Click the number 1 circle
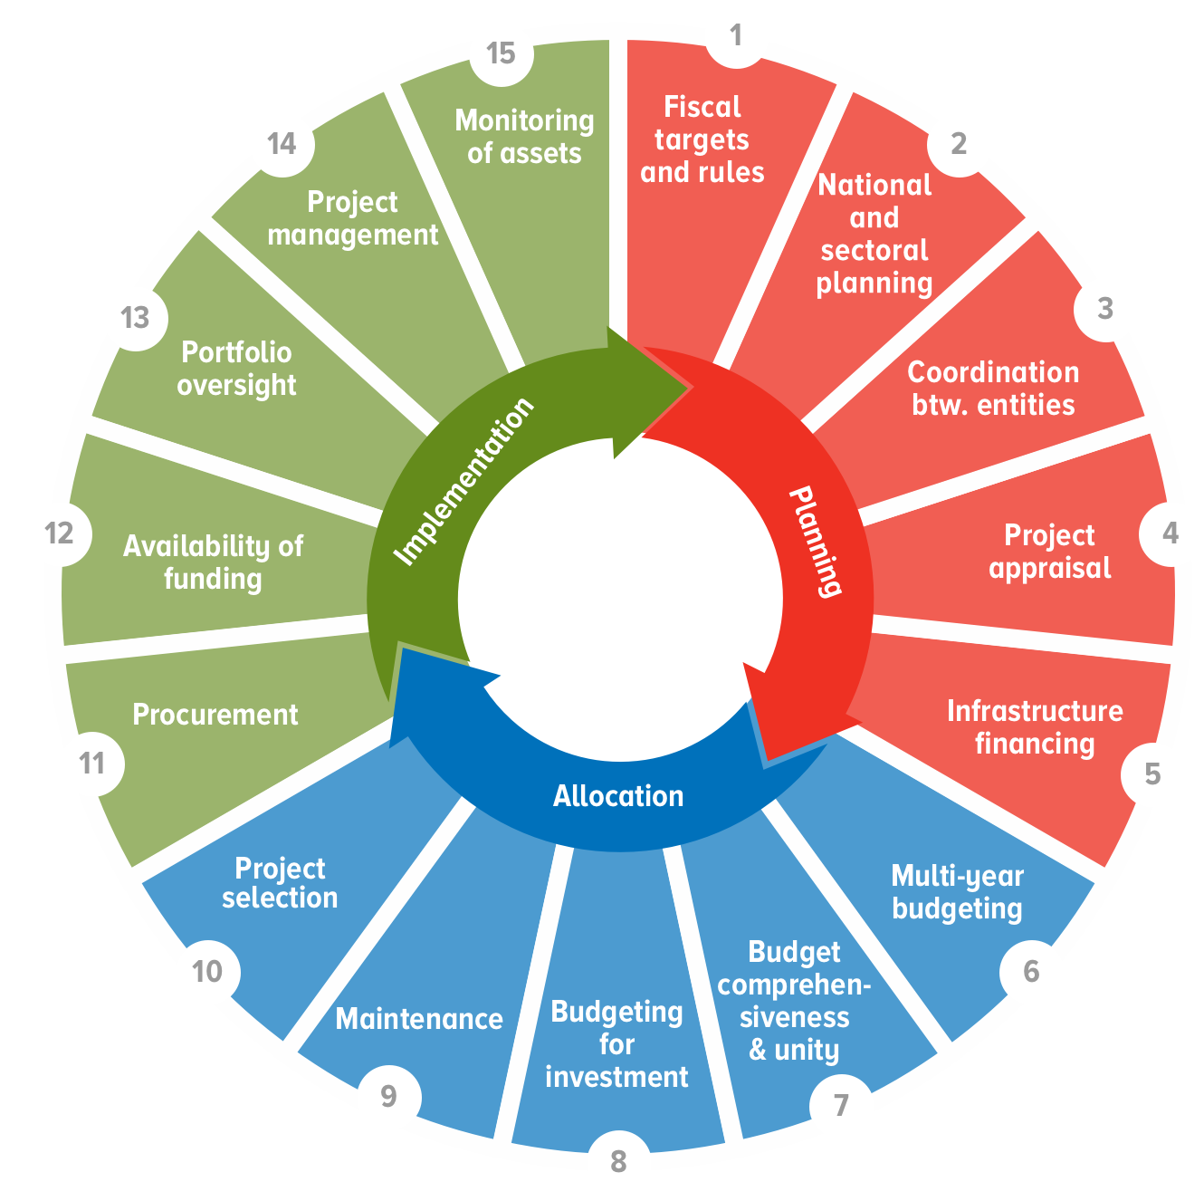(x=736, y=37)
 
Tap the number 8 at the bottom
(x=618, y=1160)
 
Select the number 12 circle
(x=60, y=534)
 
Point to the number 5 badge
(x=1151, y=773)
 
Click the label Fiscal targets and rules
(x=702, y=139)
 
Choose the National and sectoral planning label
(x=874, y=234)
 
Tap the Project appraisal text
(x=1049, y=552)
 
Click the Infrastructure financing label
(x=1035, y=726)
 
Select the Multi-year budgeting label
(x=957, y=891)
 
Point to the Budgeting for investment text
(x=616, y=1043)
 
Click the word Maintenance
(x=419, y=1019)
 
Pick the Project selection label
(x=280, y=882)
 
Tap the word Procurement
(x=215, y=715)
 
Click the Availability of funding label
(x=214, y=562)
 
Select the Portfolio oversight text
(x=236, y=368)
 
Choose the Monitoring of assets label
(x=524, y=137)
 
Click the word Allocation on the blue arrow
(x=618, y=796)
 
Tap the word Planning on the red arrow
(x=815, y=542)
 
